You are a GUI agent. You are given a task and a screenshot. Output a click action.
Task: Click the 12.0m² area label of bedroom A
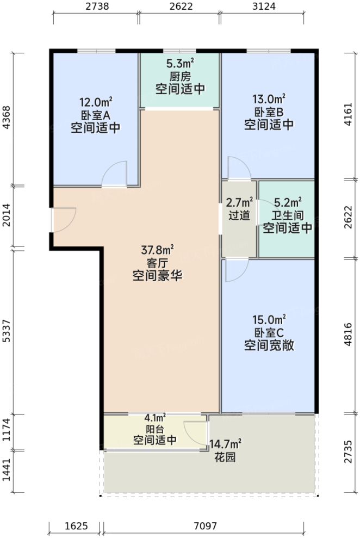coord(96,102)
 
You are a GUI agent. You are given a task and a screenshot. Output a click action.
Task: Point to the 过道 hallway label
coord(239,215)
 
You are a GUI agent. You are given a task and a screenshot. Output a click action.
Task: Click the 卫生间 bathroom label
coord(288,215)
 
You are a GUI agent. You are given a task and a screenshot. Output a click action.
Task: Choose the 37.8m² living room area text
coord(157,250)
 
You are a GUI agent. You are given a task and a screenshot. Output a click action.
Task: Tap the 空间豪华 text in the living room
coord(157,276)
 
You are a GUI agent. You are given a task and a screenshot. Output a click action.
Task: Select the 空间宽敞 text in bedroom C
coord(269,345)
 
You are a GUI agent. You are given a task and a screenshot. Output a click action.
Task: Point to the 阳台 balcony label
coord(155,429)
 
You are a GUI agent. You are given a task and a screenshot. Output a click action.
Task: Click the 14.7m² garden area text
coord(226,446)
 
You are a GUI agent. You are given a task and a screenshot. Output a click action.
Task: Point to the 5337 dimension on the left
coord(6,331)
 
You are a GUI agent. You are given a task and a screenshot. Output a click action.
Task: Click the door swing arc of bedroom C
coord(235,271)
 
